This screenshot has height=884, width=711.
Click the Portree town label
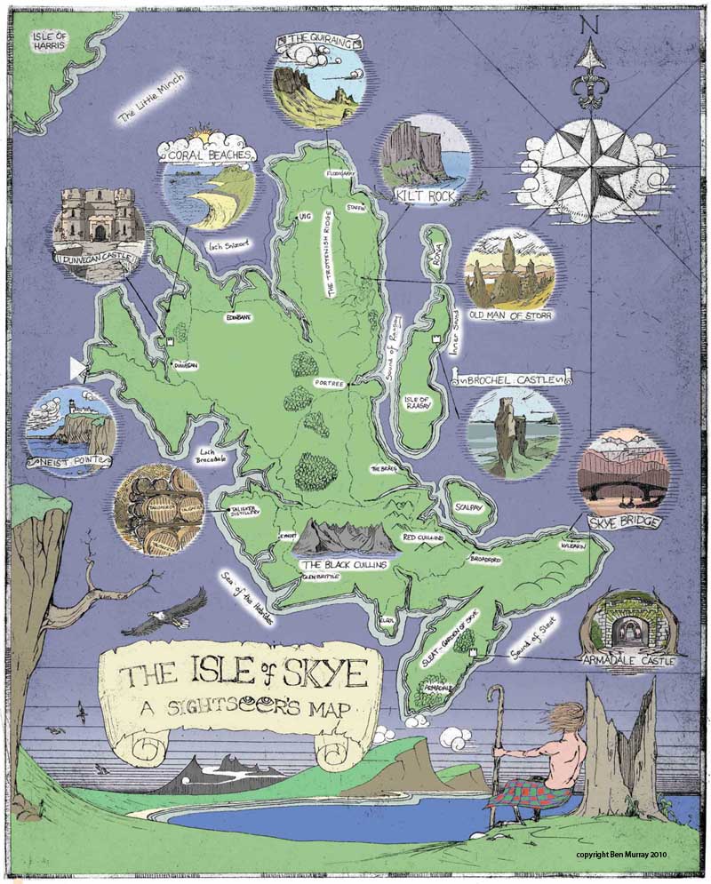[328, 383]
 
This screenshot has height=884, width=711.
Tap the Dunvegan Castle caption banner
[97, 260]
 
